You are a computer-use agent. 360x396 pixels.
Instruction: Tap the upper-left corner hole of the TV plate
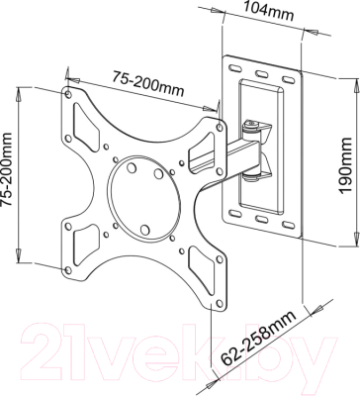coord(68,99)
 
